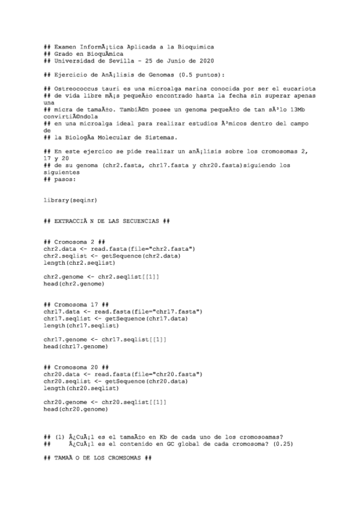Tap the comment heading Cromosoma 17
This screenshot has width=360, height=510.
pyautogui.click(x=77, y=304)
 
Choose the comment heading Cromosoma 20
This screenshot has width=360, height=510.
pyautogui.click(x=77, y=367)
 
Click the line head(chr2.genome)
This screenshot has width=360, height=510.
pyautogui.click(x=72, y=283)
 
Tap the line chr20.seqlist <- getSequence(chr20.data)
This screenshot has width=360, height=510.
pyautogui.click(x=115, y=381)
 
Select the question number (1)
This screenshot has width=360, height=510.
pyautogui.click(x=59, y=437)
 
